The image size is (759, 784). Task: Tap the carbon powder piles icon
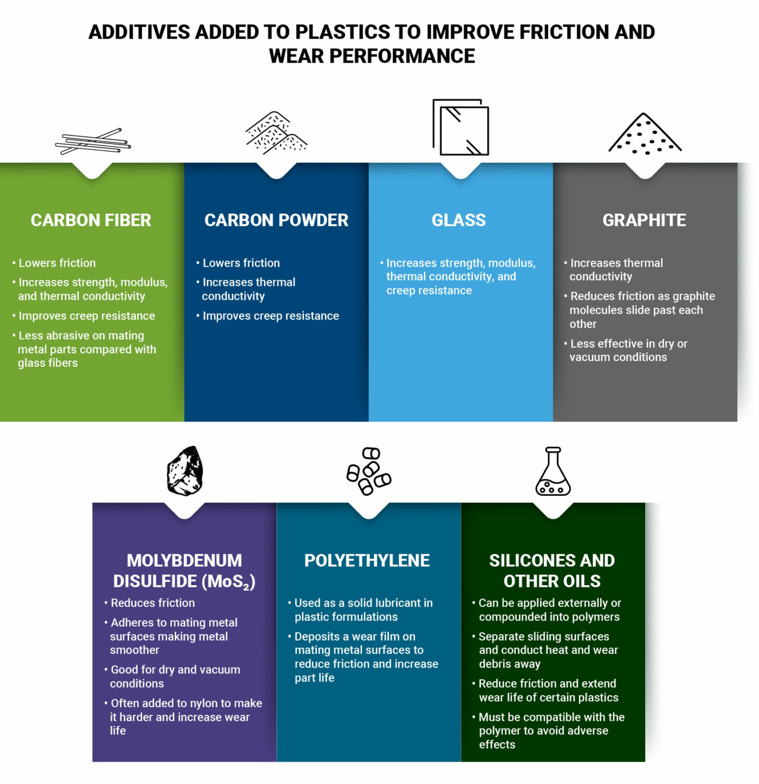tap(276, 133)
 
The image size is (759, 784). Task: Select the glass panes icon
tap(461, 127)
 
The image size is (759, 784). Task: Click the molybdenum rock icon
tap(185, 471)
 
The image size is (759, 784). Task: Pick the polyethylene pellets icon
tap(369, 471)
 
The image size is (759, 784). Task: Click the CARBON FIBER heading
tap(91, 220)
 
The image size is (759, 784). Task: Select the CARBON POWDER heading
tap(276, 220)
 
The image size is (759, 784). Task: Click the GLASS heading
tap(458, 220)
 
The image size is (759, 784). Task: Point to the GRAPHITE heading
tap(644, 220)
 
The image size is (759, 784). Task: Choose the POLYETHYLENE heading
tap(367, 560)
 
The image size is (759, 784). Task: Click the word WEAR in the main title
tap(297, 56)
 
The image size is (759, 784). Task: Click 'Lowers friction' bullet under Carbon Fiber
tap(57, 263)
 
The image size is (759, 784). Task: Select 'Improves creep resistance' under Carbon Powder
tap(271, 316)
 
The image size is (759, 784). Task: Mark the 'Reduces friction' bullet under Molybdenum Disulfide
tap(152, 603)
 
